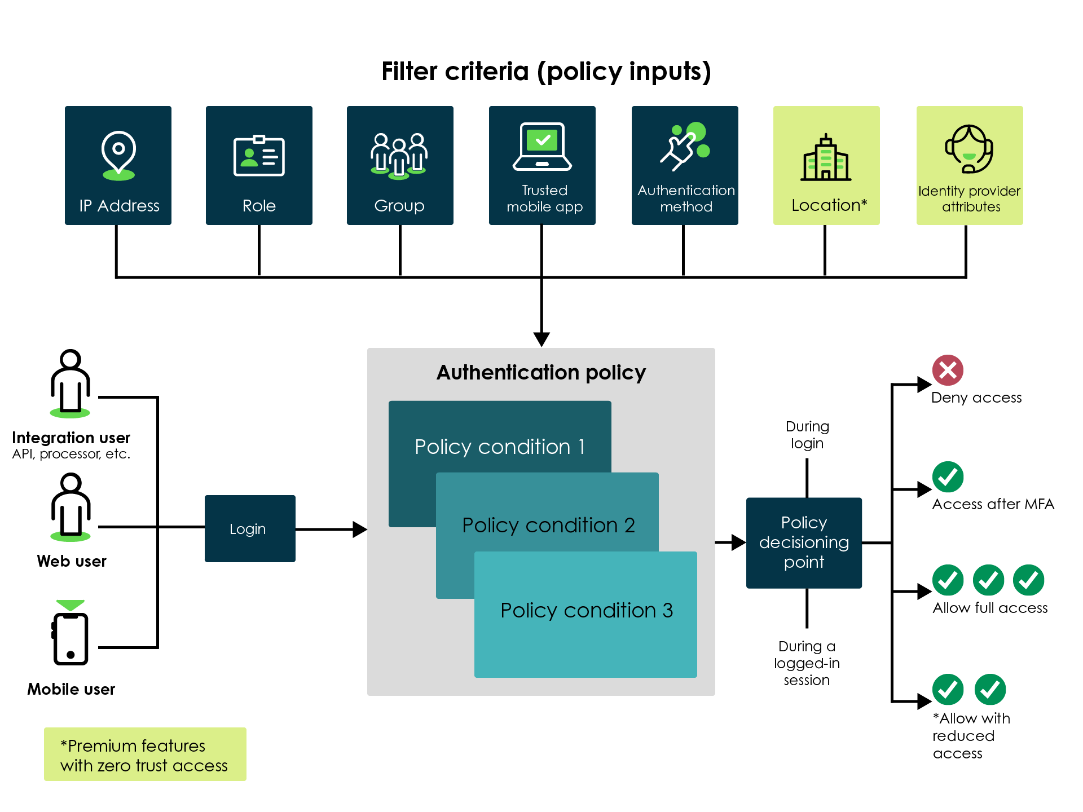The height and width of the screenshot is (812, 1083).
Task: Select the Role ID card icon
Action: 259,156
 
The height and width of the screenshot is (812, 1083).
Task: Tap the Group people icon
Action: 399,156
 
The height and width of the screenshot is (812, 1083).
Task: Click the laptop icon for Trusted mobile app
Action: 542,147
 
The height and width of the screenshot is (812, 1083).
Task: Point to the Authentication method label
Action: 686,198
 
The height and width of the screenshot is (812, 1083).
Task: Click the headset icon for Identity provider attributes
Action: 969,149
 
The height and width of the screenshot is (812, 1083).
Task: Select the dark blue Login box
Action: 250,528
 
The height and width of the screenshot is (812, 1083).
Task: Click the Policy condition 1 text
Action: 500,447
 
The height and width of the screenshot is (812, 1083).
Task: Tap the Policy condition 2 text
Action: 548,525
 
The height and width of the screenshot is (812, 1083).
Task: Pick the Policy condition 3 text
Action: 587,610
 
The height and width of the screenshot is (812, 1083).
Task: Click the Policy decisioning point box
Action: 804,542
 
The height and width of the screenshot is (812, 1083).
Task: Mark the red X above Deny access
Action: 948,370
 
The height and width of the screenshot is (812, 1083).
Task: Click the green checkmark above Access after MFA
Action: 948,477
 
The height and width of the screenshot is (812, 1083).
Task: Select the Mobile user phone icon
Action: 71,637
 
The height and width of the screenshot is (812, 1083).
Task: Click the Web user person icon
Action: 71,506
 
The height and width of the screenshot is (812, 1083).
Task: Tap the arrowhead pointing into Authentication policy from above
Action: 541,339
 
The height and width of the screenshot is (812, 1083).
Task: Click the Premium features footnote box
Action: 145,754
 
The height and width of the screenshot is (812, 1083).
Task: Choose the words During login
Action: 807,435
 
